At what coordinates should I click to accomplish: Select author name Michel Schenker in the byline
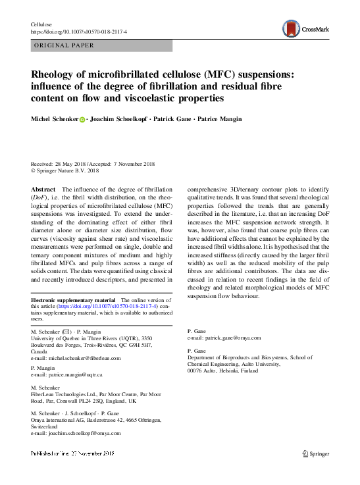55,120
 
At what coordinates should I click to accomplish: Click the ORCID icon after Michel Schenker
83,120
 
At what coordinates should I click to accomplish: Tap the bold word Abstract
44,188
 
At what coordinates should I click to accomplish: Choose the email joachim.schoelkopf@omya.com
85,434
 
